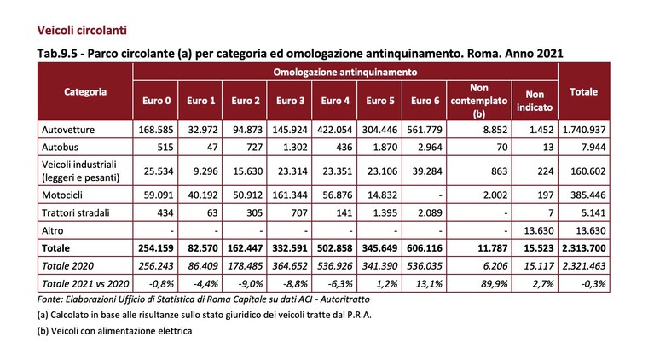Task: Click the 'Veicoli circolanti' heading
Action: [82, 31]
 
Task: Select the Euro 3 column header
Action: [290, 101]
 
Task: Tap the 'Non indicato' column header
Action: [535, 101]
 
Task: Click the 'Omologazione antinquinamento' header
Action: [345, 73]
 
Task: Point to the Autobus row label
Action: [60, 148]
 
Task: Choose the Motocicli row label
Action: [62, 195]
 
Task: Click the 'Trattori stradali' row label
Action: [76, 212]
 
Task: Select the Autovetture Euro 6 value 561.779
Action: [425, 130]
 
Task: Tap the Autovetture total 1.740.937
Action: [584, 130]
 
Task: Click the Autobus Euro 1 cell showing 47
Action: [212, 148]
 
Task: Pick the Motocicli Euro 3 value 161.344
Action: [290, 195]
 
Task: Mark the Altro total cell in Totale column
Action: [588, 230]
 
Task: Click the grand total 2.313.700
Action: [584, 248]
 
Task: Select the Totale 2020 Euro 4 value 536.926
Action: [335, 265]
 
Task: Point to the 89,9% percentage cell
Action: [495, 284]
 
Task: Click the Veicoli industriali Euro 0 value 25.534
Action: [159, 171]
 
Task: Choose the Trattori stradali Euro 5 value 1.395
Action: [383, 212]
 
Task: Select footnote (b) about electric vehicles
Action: [115, 331]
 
